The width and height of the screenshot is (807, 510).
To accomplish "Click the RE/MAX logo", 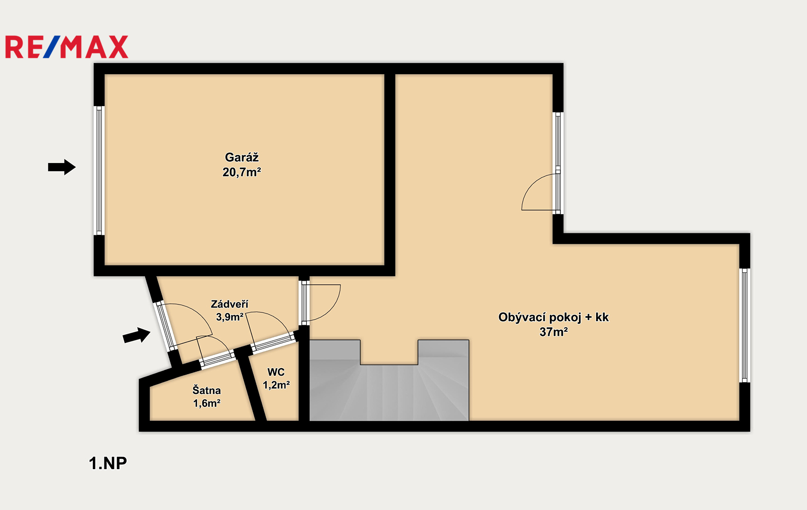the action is point(67,47).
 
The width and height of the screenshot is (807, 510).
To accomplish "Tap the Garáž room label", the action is point(242,157).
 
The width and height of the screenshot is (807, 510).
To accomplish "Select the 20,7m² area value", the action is point(242,172).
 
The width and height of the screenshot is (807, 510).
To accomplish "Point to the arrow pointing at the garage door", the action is point(62,167).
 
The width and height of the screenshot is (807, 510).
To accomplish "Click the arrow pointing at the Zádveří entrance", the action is point(137,335).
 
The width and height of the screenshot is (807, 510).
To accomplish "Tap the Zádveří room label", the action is point(229,304).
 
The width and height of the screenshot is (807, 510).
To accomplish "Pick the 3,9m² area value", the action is point(229,317).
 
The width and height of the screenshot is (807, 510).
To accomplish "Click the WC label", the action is point(276,372).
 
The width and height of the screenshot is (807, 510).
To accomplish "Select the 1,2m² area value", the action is point(276,385).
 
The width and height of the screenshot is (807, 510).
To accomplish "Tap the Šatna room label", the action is point(206,390).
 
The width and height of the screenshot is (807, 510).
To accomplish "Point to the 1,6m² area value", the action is point(207,403).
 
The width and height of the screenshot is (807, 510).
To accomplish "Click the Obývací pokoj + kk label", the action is point(553,317).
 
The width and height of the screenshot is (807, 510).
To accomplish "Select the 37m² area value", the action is point(554,332).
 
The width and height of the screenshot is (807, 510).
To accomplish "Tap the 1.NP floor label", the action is point(108,463).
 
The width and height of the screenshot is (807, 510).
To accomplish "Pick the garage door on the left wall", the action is point(99,171).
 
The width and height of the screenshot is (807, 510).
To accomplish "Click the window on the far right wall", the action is point(744,325).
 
